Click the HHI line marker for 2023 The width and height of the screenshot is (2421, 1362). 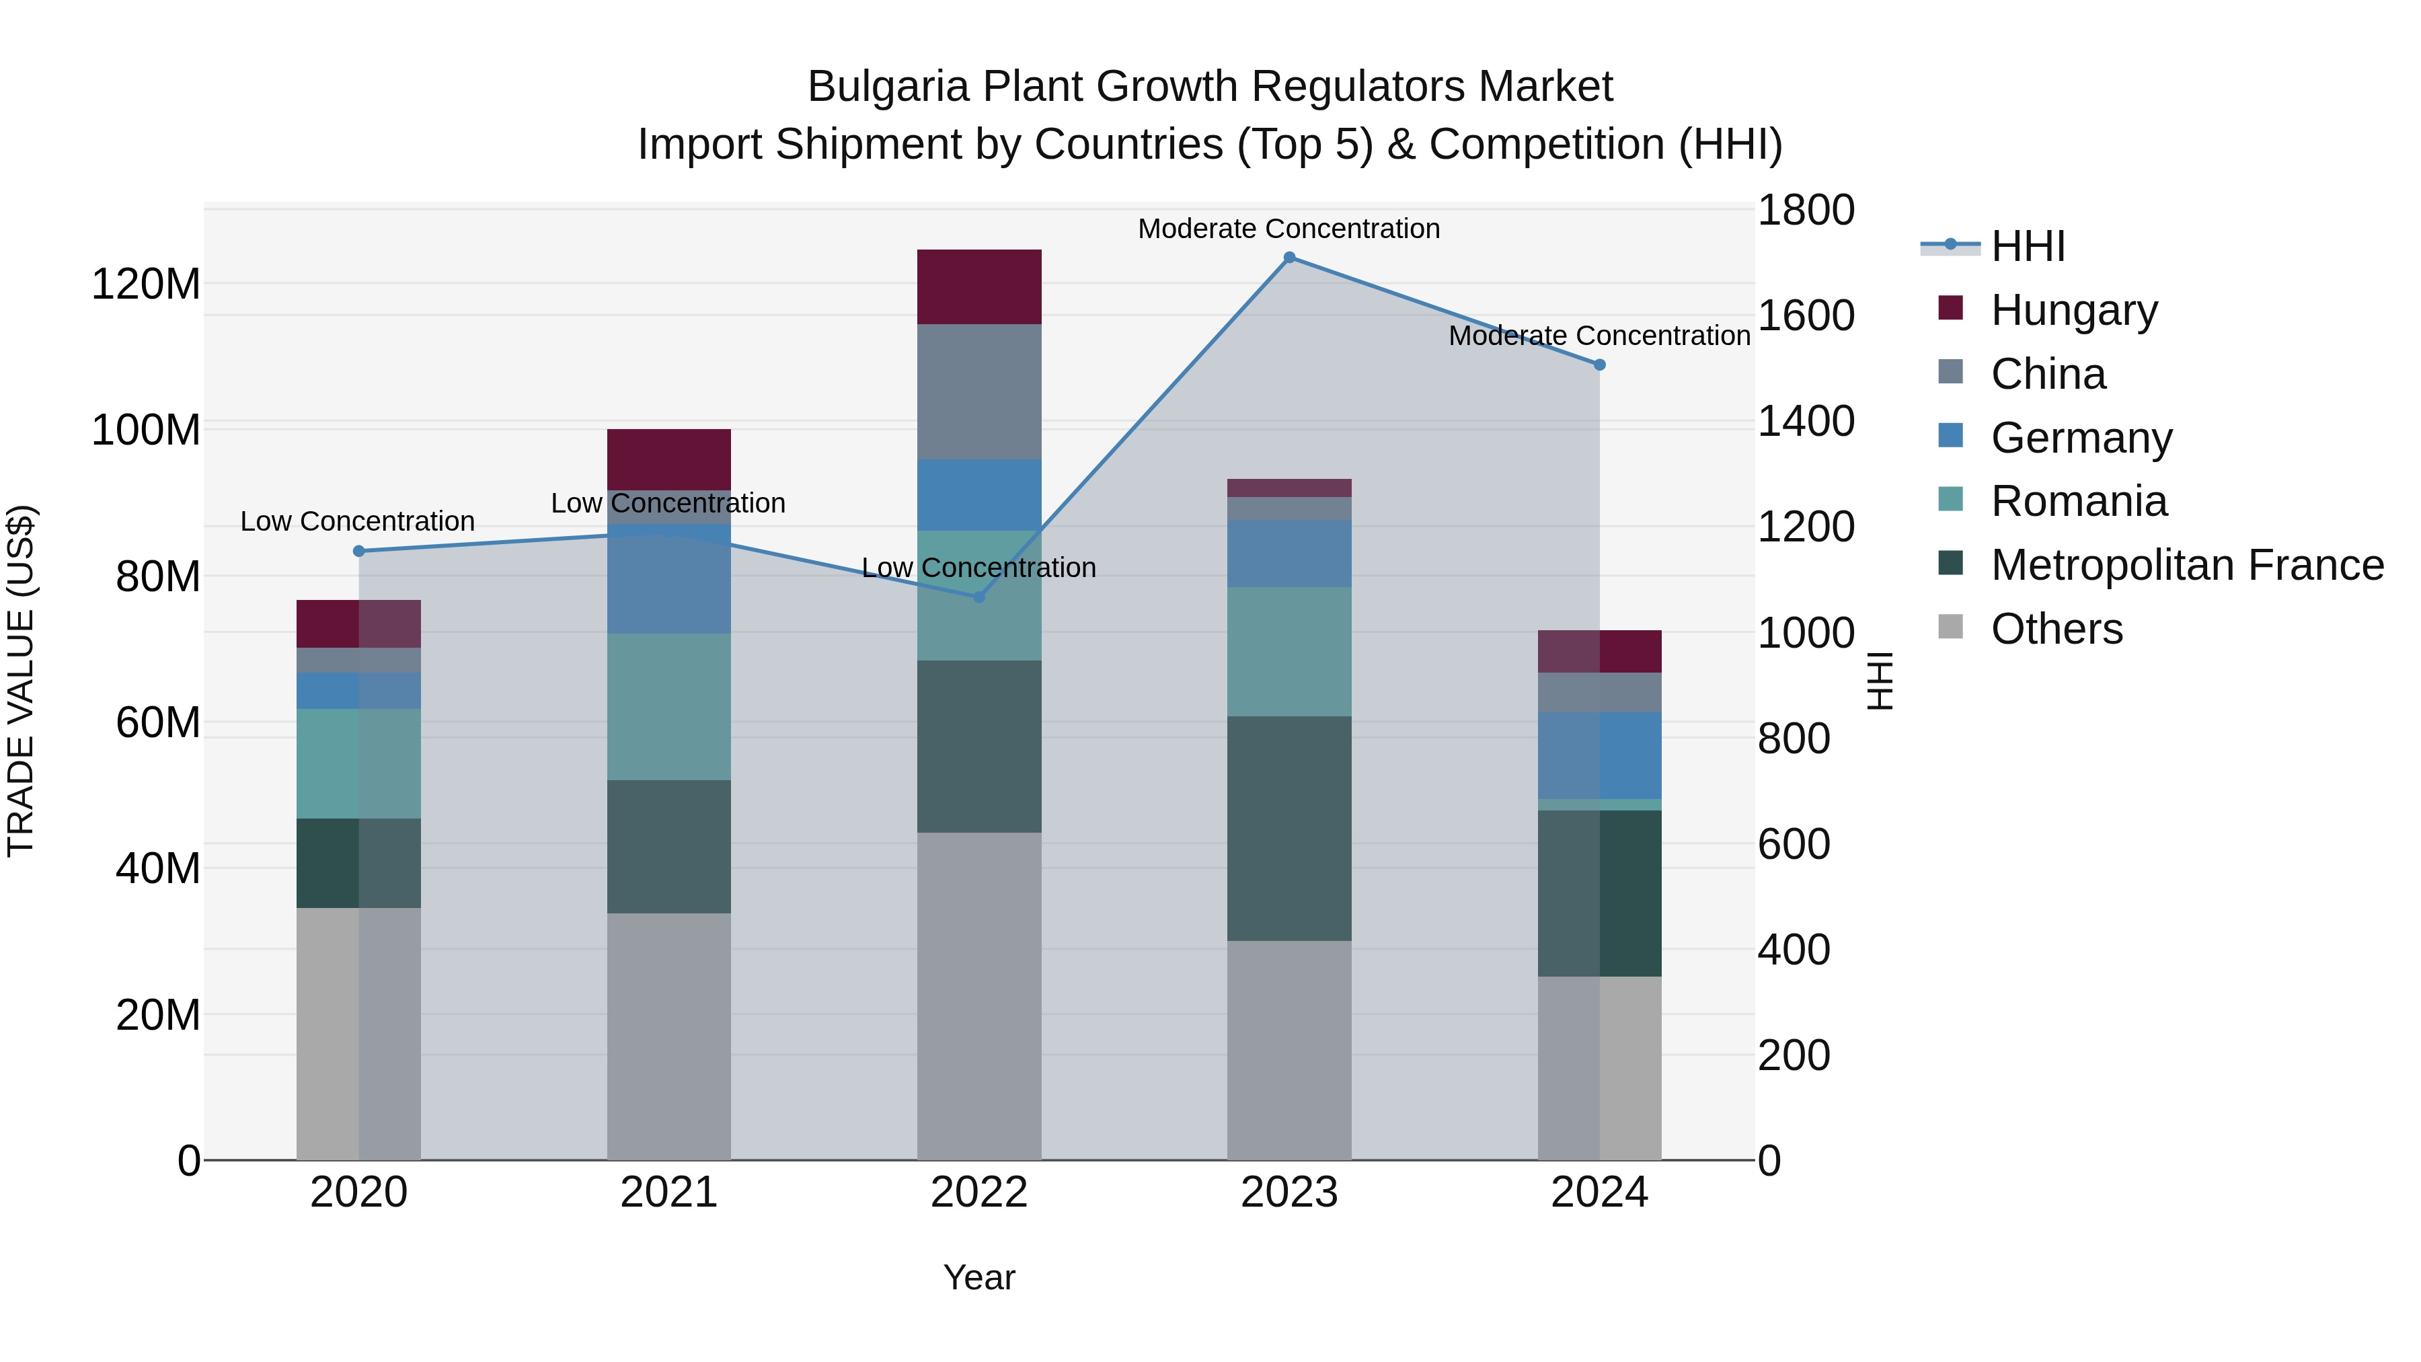pyautogui.click(x=1289, y=258)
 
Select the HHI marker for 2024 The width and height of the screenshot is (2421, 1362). pyautogui.click(x=1600, y=365)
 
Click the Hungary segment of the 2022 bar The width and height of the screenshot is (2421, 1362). pyautogui.click(x=978, y=287)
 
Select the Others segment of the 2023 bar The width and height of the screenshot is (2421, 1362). pyautogui.click(x=1289, y=1050)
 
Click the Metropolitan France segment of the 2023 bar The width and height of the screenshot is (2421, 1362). pyautogui.click(x=1289, y=828)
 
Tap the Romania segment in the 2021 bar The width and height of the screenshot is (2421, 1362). pyautogui.click(x=668, y=706)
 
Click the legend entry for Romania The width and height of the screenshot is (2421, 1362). pyautogui.click(x=2078, y=501)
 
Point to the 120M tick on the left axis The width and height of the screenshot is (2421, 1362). pyautogui.click(x=146, y=284)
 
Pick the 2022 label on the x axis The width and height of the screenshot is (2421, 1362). pyautogui.click(x=978, y=1193)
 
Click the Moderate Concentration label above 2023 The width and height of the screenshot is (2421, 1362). pyautogui.click(x=1289, y=229)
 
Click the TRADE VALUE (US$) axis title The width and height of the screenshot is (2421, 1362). pyautogui.click(x=21, y=681)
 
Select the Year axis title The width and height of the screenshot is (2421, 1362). pyautogui.click(x=978, y=1277)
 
